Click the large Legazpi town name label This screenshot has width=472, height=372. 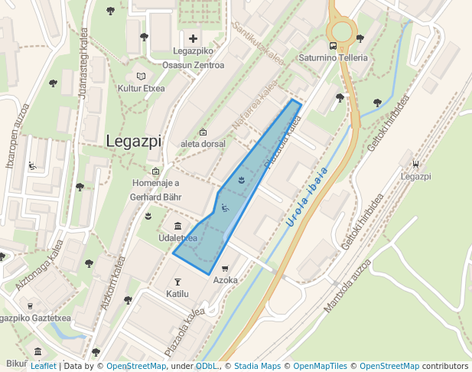click(134, 142)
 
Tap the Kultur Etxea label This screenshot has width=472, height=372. click(141, 89)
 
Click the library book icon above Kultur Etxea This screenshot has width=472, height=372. click(141, 77)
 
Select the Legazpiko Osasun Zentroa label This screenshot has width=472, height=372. click(193, 58)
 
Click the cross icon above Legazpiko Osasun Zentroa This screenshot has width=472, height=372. click(193, 38)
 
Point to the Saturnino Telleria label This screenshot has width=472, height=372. click(333, 58)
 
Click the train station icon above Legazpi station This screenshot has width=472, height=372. click(415, 163)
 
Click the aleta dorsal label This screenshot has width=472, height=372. click(203, 144)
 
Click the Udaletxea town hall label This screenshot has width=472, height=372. click(177, 238)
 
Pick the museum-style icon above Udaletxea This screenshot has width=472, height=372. click(177, 226)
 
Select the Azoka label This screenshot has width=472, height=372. click(225, 281)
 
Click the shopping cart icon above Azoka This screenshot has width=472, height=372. click(225, 269)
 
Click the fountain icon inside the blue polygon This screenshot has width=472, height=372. click(242, 181)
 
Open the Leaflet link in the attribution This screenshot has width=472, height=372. click(43, 366)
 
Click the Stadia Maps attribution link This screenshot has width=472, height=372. click(257, 366)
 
